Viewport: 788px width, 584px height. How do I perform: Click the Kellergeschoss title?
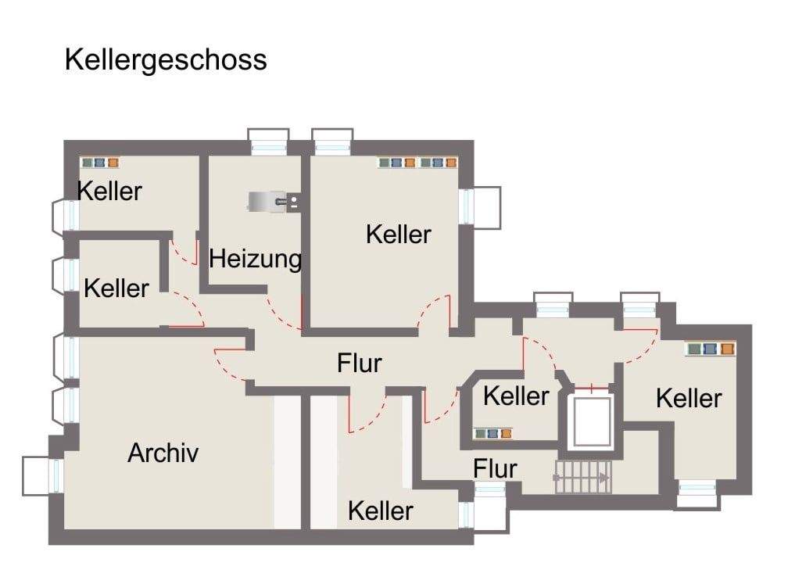(x=166, y=60)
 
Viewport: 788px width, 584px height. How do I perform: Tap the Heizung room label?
(x=256, y=260)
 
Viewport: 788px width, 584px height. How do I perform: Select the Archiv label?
(x=163, y=453)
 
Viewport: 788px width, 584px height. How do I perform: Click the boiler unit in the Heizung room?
(x=274, y=202)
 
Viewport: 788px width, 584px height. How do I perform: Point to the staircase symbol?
(x=583, y=477)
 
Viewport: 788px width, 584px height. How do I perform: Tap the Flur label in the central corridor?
(x=360, y=363)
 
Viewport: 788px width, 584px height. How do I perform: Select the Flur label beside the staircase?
(x=495, y=469)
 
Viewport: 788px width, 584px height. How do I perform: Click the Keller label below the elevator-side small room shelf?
(x=516, y=396)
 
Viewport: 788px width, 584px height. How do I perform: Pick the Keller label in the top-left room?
(x=109, y=191)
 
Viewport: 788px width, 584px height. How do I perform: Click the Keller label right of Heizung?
(x=399, y=235)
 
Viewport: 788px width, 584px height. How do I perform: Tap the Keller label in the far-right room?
(x=689, y=399)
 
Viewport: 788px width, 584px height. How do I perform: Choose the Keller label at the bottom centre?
(x=381, y=511)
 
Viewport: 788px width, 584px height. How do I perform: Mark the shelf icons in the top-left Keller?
(x=100, y=163)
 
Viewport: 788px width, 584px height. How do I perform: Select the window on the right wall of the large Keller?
(x=480, y=207)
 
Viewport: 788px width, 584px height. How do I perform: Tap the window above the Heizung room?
(x=269, y=142)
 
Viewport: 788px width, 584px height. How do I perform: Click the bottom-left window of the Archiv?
(x=43, y=475)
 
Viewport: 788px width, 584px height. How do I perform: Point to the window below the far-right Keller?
(x=697, y=494)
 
